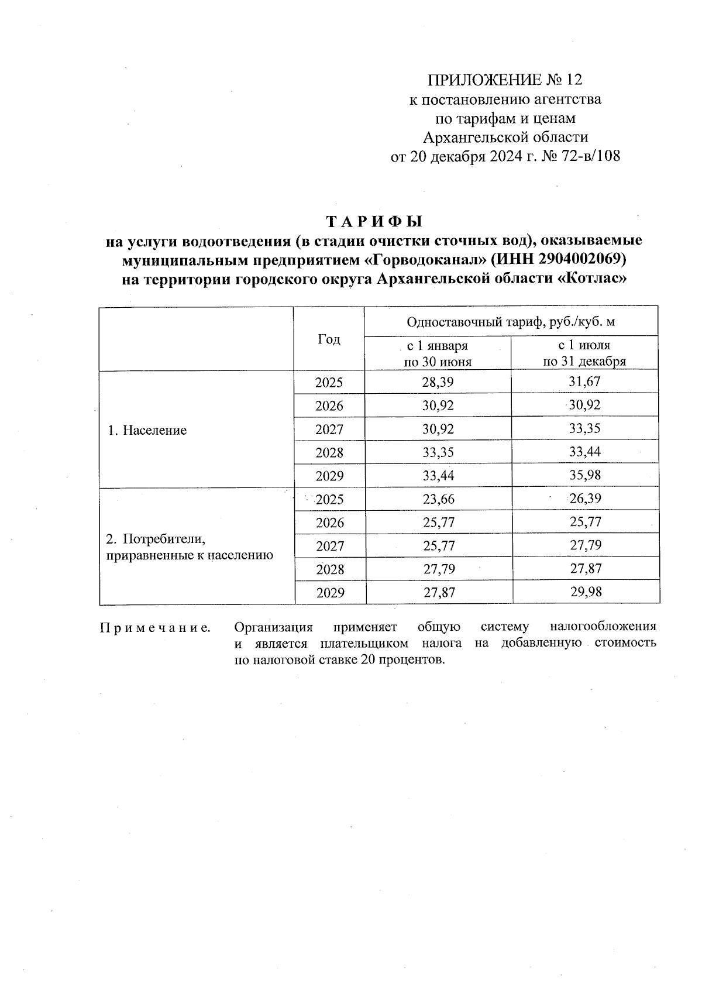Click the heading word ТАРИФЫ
(373, 222)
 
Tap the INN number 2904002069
(583, 259)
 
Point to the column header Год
(329, 339)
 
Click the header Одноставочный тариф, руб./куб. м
(511, 322)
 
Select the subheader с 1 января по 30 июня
(438, 353)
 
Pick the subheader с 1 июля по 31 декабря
(584, 353)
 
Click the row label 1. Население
(147, 431)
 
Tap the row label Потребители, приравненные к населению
(189, 547)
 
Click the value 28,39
(438, 383)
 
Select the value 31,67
(584, 382)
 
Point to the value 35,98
(585, 475)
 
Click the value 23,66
(438, 499)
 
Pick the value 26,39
(585, 499)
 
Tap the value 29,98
(586, 592)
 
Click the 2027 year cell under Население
(329, 430)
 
